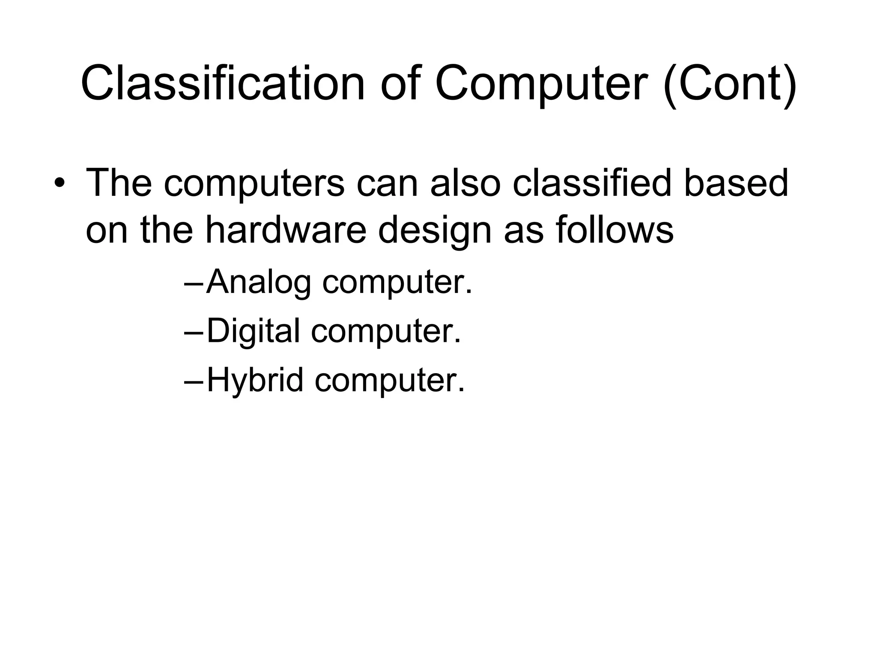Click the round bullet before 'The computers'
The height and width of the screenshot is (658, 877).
pos(60,185)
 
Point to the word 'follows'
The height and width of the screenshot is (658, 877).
pos(614,231)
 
